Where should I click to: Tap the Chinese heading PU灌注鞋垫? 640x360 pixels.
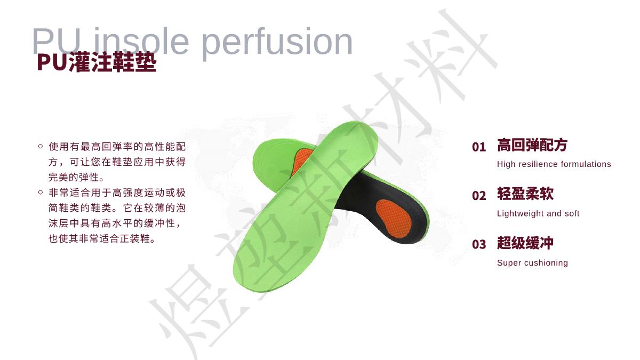[x=97, y=62]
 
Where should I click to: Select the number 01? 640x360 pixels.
[x=479, y=147]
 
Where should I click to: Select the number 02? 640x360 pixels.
[x=479, y=196]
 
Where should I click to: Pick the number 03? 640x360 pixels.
[x=479, y=245]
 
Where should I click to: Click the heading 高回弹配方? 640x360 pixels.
[x=532, y=145]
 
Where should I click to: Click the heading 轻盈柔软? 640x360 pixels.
[x=525, y=194]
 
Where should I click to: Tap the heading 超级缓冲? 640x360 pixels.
[x=525, y=243]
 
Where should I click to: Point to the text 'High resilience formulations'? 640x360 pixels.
[x=554, y=164]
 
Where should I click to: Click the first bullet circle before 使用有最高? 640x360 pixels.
[x=41, y=146]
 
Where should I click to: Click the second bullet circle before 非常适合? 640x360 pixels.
[x=41, y=193]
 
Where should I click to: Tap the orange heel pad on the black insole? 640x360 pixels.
[x=394, y=218]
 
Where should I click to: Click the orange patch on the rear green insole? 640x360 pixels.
[x=302, y=161]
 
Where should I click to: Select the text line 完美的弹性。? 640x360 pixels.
[x=76, y=178]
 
